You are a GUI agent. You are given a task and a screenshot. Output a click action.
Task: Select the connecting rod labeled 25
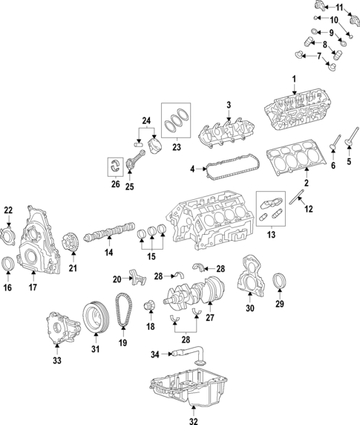point(137,158)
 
